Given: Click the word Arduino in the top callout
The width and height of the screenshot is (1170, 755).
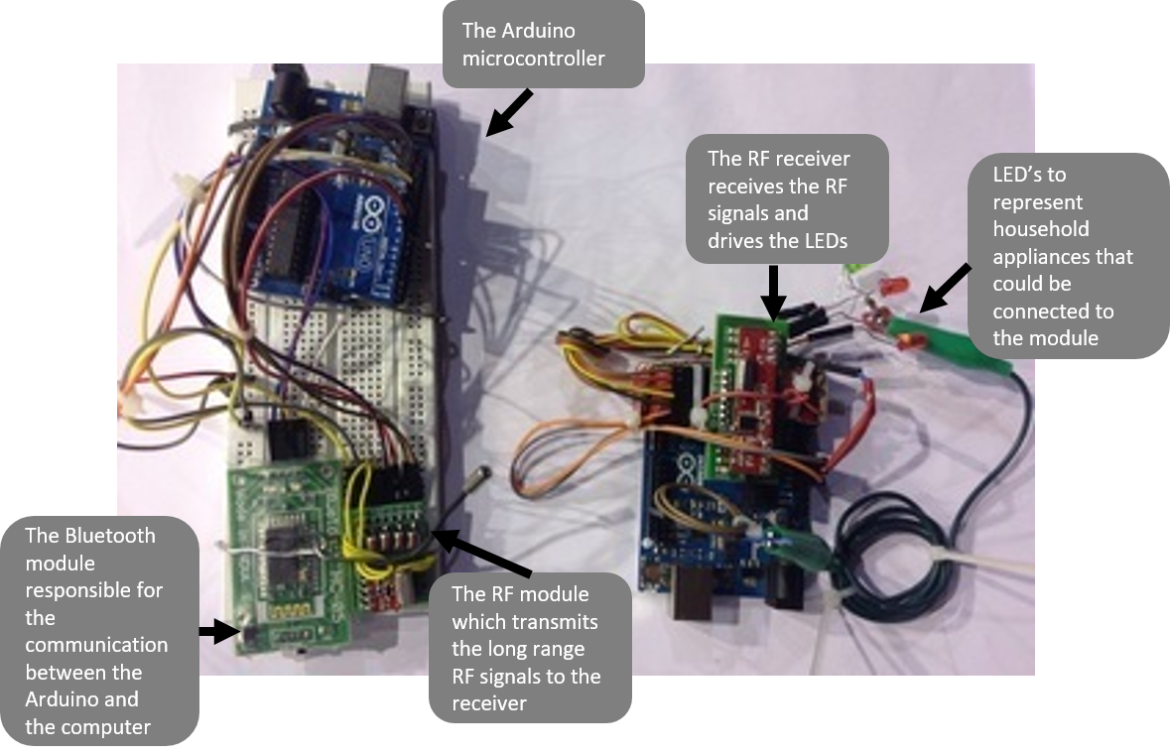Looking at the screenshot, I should click(534, 32).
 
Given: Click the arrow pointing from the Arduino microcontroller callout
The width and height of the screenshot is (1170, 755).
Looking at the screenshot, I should click(510, 111).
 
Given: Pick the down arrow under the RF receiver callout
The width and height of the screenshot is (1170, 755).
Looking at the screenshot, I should click(776, 293).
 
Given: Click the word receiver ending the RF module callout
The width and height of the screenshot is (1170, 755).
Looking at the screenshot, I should click(488, 703).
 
